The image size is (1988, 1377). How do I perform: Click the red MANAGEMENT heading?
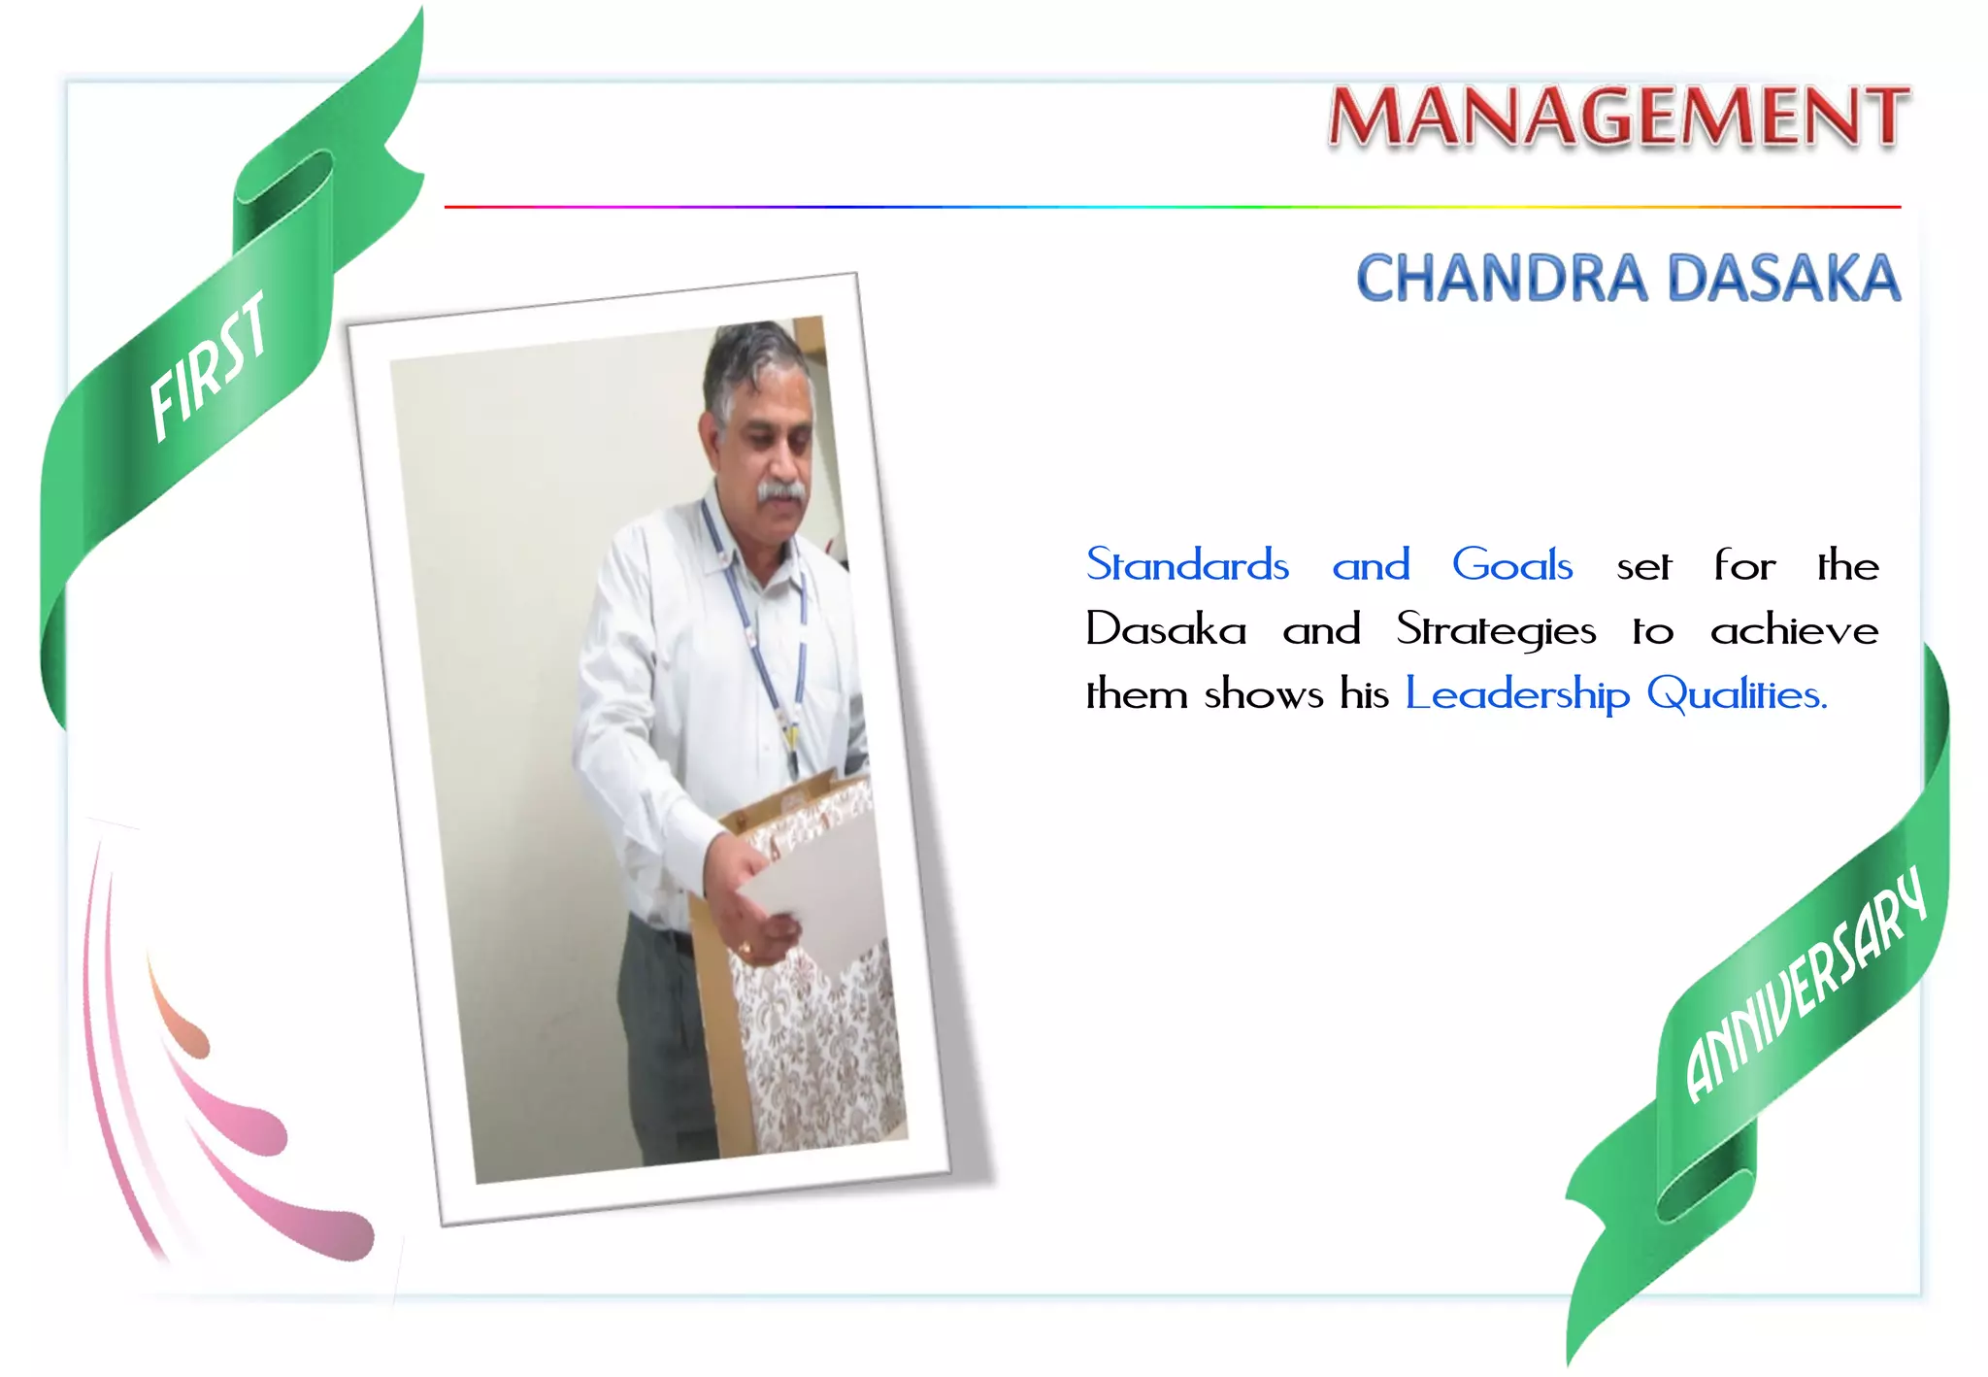[x=1618, y=117]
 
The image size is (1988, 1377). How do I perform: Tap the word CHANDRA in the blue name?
[x=1501, y=279]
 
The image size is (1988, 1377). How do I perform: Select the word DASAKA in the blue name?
[x=1783, y=279]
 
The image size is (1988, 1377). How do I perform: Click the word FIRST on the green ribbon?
[x=209, y=366]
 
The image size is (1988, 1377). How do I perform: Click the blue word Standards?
[x=1187, y=565]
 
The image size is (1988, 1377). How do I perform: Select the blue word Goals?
[x=1511, y=565]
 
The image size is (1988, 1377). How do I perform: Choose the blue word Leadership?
[x=1517, y=695]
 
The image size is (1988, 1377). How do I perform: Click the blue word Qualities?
[x=1737, y=694]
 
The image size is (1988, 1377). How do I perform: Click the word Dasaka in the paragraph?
[x=1166, y=630]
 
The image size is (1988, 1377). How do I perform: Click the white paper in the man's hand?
[x=815, y=893]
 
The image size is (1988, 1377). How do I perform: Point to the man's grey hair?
[x=752, y=354]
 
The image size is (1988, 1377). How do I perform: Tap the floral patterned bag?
[x=825, y=1049]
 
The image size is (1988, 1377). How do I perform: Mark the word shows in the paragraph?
[x=1264, y=695]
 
